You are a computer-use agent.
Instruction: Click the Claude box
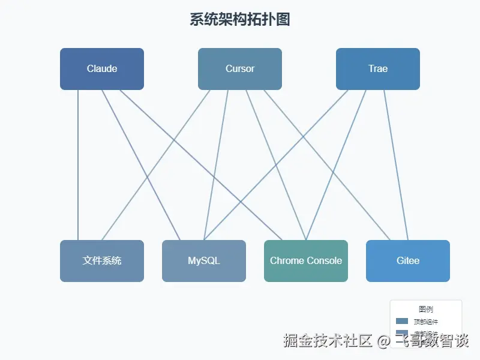coord(102,69)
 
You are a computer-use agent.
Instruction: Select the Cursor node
coord(240,69)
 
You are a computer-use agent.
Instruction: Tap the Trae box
coord(378,69)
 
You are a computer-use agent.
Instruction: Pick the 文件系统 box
coord(102,261)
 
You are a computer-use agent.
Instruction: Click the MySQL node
coord(204,261)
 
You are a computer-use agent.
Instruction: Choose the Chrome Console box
coord(306,261)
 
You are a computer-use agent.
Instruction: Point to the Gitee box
coord(408,261)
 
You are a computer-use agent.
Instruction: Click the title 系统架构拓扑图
coord(240,19)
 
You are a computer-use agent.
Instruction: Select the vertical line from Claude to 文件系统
coord(78,165)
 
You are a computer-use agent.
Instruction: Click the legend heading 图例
coord(426,310)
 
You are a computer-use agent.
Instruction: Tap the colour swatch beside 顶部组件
coord(402,322)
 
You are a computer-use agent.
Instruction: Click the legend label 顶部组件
coord(426,322)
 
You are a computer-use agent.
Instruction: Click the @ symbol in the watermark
coord(384,341)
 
